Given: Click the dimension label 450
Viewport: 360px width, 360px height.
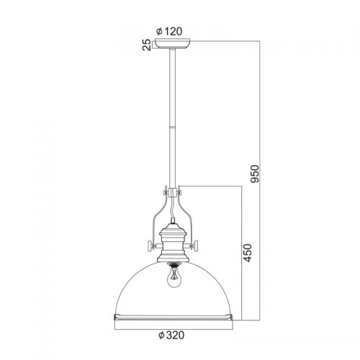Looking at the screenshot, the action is pos(247,253).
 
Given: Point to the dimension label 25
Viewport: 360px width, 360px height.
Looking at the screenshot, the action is pos(147,45).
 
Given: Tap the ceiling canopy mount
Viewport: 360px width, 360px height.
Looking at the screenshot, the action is pos(172,43).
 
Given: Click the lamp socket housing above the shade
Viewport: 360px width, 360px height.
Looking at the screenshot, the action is pos(172,242).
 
